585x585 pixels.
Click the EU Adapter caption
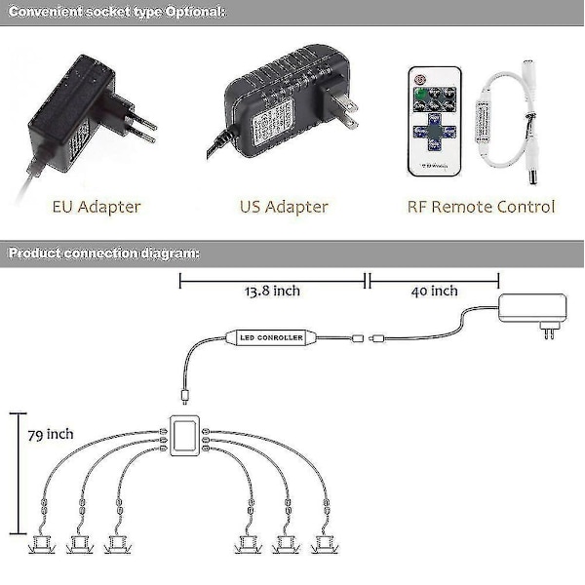coord(97,207)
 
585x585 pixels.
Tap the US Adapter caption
coord(284,207)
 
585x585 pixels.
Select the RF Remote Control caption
coord(481,207)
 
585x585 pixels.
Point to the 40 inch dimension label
coord(434,291)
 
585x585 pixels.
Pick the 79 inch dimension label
coord(51,434)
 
